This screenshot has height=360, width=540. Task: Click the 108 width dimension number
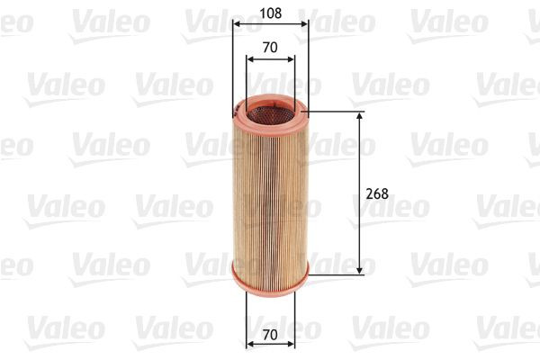[270, 13]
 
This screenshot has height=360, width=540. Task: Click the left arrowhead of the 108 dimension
[236, 24]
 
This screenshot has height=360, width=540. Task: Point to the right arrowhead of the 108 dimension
[305, 24]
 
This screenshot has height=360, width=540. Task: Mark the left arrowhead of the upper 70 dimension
[249, 60]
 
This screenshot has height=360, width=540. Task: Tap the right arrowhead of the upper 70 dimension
[291, 60]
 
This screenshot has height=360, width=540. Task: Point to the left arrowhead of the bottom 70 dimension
[249, 344]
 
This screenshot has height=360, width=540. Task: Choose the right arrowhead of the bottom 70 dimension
[291, 344]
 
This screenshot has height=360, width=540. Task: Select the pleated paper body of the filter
[270, 193]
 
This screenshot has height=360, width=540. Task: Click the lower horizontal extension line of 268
[337, 274]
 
